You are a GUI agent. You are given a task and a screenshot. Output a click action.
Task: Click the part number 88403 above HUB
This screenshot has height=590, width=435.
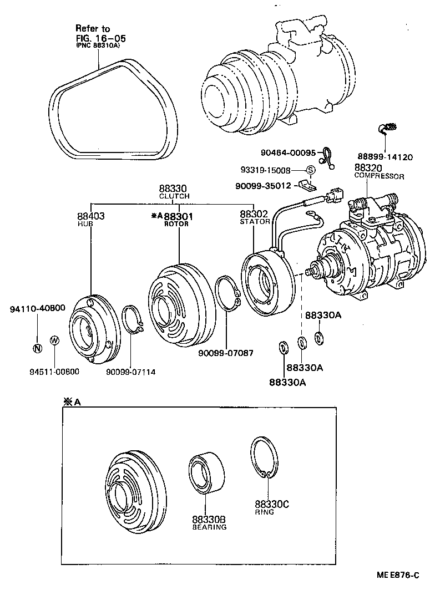point(90,216)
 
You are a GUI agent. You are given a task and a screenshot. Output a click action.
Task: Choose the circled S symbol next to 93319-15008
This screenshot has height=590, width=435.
point(311,170)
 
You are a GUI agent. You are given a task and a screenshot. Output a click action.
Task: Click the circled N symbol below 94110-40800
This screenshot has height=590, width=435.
point(37,348)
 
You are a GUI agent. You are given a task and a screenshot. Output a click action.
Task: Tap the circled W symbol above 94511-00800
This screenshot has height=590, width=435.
point(54,340)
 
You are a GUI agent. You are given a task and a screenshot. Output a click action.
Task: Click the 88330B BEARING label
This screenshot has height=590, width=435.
point(209,523)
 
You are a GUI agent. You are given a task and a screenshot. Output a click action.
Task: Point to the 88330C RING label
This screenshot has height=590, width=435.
point(272,508)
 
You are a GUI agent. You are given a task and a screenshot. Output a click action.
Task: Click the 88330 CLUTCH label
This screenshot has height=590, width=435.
point(174,192)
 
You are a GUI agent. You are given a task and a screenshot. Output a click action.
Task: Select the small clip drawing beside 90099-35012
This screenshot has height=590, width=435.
point(305,183)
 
